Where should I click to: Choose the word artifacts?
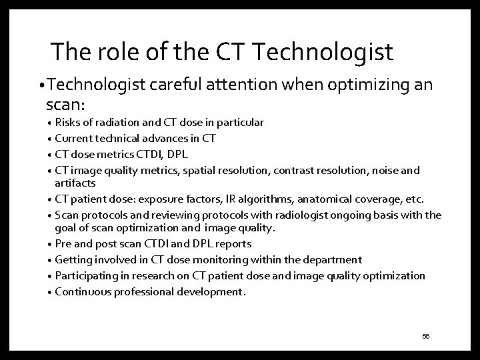[75, 183]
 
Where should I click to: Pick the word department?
[331, 259]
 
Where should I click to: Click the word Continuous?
[81, 291]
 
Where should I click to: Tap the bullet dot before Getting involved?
[49, 260]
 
